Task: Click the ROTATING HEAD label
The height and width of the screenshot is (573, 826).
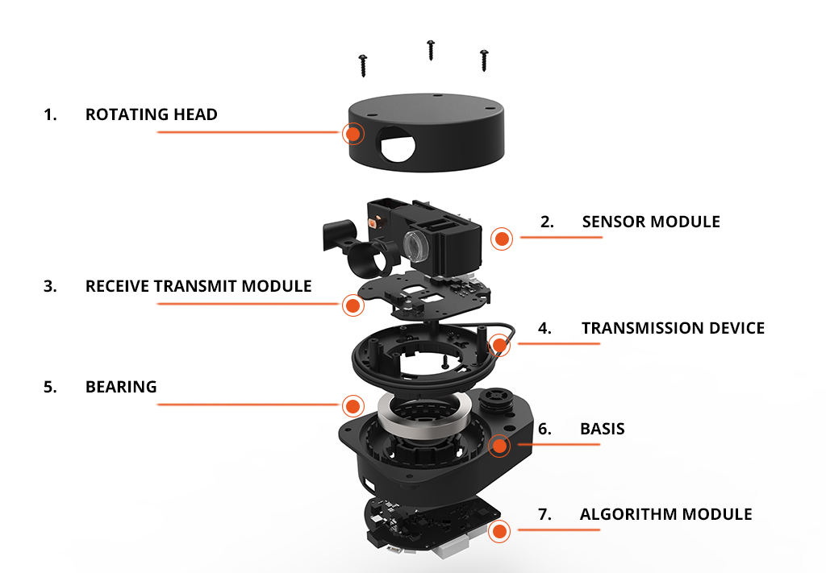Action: tap(151, 114)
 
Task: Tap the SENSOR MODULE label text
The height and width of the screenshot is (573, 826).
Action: tap(650, 222)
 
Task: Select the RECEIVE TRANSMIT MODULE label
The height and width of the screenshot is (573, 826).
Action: tap(198, 286)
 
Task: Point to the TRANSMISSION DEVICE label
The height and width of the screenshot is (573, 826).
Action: tap(673, 328)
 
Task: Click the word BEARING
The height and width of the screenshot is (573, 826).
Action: tap(121, 387)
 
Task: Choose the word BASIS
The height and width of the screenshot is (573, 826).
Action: tap(602, 429)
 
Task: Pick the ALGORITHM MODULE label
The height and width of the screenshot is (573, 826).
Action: tap(665, 514)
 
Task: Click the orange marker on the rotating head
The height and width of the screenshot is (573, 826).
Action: tap(353, 133)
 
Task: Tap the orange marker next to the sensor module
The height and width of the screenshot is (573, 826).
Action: tap(502, 238)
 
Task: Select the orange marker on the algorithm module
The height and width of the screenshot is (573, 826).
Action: tap(500, 530)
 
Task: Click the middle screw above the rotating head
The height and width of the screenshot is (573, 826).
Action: tap(431, 49)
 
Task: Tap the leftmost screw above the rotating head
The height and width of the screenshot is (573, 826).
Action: tap(363, 65)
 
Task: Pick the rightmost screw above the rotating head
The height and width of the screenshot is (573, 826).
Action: tap(484, 60)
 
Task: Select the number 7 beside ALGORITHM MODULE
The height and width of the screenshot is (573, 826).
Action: tap(544, 514)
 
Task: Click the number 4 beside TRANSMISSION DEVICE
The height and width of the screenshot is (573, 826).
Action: tap(545, 328)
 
